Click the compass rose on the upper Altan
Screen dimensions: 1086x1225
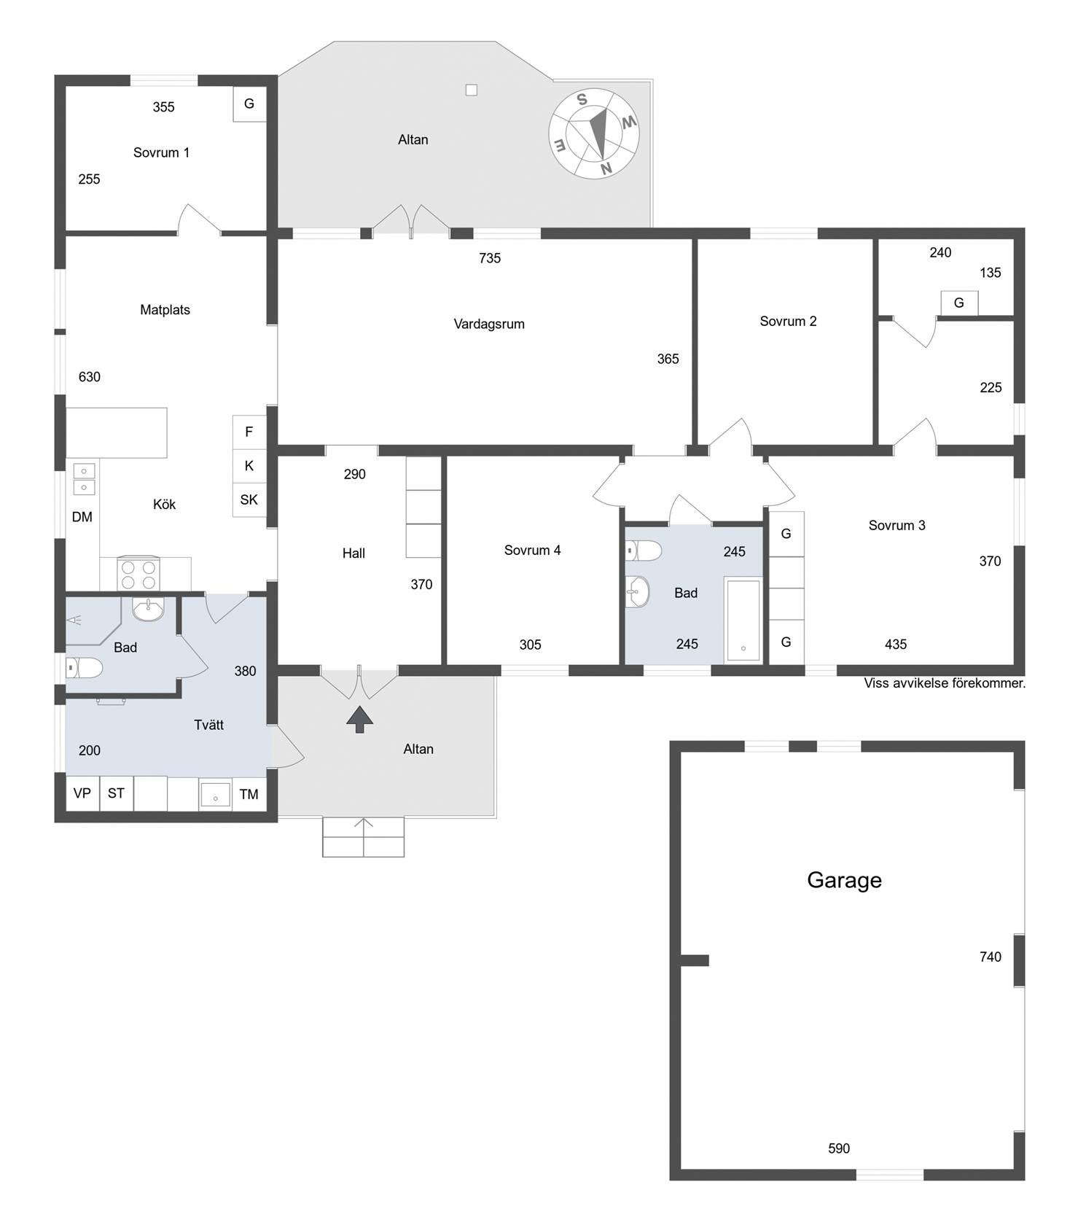(x=593, y=134)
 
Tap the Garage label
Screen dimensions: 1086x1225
(x=844, y=880)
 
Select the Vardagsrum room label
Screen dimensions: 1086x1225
(x=489, y=324)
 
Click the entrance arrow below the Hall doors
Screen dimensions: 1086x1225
(x=359, y=718)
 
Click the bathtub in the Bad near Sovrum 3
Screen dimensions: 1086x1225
(x=743, y=621)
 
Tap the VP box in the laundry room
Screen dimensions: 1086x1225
(x=82, y=793)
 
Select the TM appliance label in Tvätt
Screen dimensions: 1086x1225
(x=249, y=794)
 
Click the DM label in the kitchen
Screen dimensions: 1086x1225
(x=82, y=517)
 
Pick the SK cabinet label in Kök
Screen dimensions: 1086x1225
(x=249, y=499)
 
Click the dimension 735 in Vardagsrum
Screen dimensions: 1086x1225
(x=490, y=258)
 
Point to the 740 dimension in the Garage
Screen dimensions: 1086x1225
(x=991, y=957)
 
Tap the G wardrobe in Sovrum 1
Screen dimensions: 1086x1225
(x=249, y=104)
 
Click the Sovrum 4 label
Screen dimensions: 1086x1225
(x=533, y=551)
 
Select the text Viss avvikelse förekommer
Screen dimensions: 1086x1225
(x=945, y=683)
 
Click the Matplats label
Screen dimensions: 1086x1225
(x=165, y=310)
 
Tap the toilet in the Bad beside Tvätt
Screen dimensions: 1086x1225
(x=85, y=667)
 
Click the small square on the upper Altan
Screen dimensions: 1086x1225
(x=472, y=90)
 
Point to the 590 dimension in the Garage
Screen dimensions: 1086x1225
(x=839, y=1148)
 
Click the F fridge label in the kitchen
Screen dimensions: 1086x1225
(x=249, y=432)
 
